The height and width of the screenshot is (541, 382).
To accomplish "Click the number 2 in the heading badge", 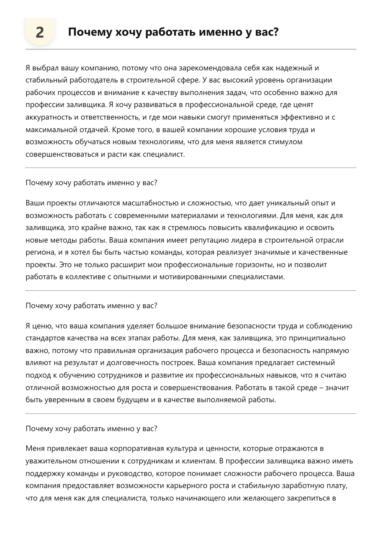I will pyautogui.click(x=40, y=32).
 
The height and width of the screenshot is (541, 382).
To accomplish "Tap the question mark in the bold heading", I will pyautogui.click(x=276, y=32).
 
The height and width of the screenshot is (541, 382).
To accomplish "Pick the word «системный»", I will pyautogui.click(x=317, y=363).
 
